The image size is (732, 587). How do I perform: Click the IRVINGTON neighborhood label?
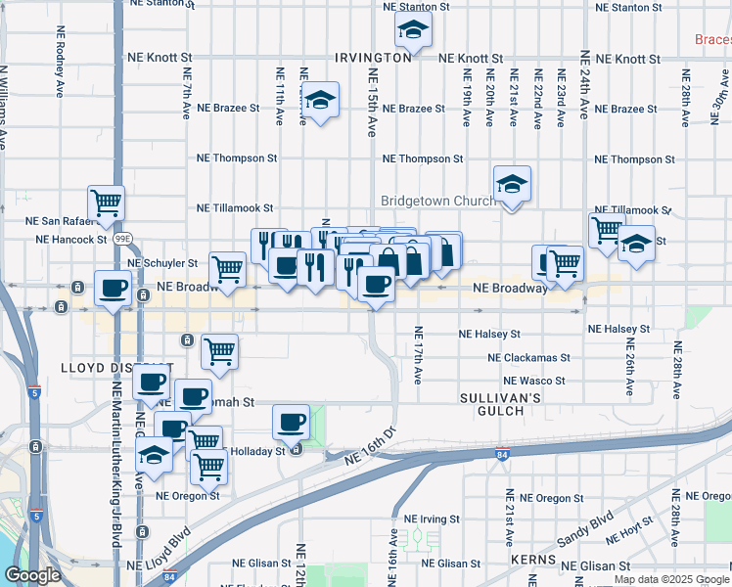(x=373, y=58)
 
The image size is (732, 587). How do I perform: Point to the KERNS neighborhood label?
(x=533, y=562)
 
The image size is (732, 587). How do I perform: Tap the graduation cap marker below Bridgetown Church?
(x=511, y=184)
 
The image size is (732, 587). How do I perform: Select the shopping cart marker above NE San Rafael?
(x=106, y=203)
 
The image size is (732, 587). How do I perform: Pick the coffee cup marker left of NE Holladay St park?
(x=290, y=422)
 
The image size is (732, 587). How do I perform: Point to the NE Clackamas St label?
(x=529, y=358)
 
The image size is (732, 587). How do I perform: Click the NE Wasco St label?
(x=536, y=381)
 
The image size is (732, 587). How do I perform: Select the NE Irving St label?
(x=432, y=519)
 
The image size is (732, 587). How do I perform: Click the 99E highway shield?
(x=121, y=238)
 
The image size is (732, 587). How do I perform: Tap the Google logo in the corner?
(x=32, y=575)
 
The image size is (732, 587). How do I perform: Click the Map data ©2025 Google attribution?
(x=672, y=579)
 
